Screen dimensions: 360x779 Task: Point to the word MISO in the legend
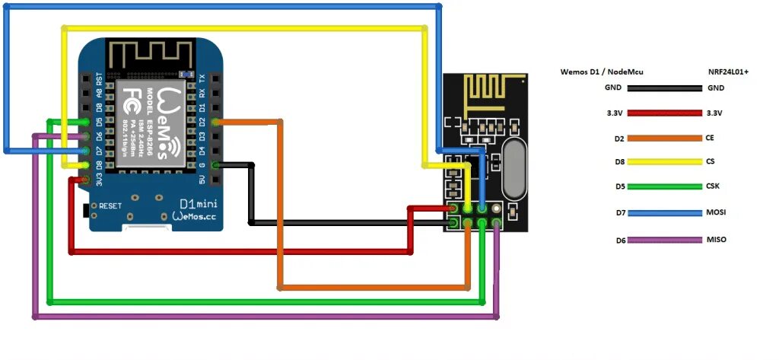click(717, 240)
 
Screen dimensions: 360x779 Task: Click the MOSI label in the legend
click(717, 214)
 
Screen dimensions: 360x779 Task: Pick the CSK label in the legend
click(715, 186)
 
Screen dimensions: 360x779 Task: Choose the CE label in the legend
click(712, 138)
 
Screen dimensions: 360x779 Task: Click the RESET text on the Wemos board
click(110, 206)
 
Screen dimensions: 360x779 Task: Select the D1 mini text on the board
click(196, 204)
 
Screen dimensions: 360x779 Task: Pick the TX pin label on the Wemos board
click(202, 79)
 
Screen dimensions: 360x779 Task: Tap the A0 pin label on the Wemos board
click(98, 94)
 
